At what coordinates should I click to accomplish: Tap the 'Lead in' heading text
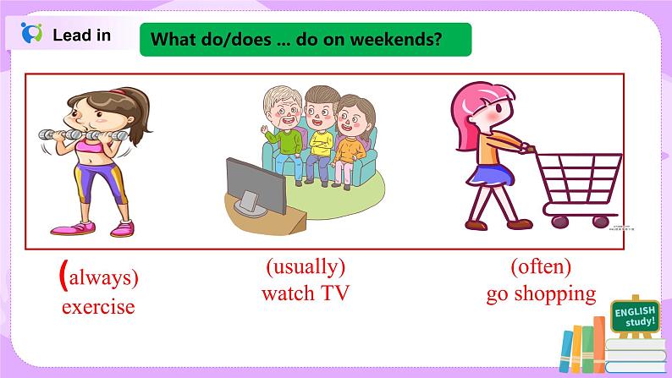click(x=81, y=36)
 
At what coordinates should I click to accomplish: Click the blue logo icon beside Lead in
click(x=31, y=32)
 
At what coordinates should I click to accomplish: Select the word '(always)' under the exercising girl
click(x=99, y=277)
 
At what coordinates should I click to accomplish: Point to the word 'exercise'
click(x=98, y=306)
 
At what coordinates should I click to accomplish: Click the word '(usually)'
click(x=306, y=266)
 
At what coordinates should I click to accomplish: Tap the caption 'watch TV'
click(x=306, y=293)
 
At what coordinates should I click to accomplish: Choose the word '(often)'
click(x=541, y=266)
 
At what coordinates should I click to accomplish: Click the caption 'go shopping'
click(x=541, y=294)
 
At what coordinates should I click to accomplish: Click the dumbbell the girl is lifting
click(x=83, y=135)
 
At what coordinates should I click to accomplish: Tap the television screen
click(x=256, y=185)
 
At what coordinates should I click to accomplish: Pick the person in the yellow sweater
click(x=320, y=133)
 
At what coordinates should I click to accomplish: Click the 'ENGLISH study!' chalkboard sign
click(x=635, y=317)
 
